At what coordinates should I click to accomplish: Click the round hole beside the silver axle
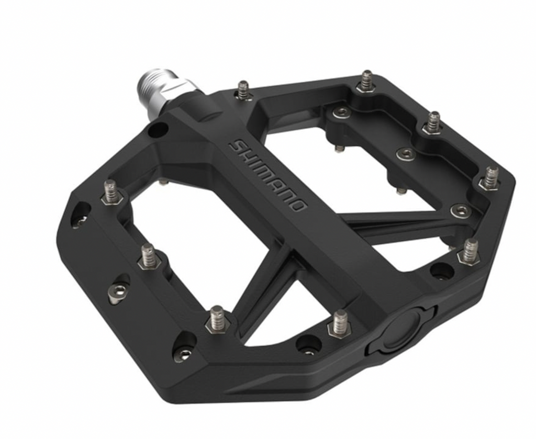click(x=158, y=130)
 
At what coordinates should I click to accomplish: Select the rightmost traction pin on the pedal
click(x=491, y=178)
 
